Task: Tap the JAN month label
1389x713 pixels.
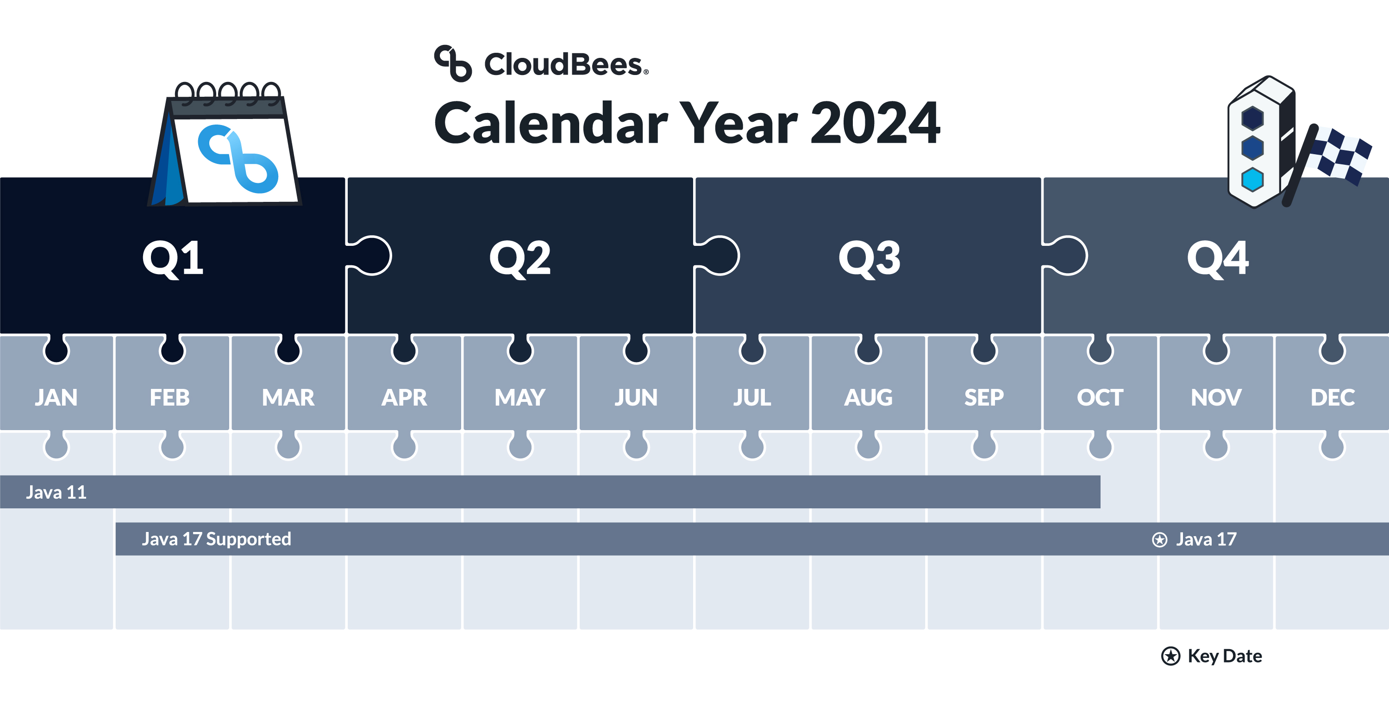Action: coord(56,398)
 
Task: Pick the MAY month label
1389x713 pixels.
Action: coord(520,398)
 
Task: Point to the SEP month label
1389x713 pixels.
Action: coord(984,398)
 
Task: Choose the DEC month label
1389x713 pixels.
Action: coord(1333,398)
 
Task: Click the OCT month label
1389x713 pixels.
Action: coord(1100,398)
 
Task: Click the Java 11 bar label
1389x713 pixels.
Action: coord(56,492)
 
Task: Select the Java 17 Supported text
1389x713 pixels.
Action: coord(216,539)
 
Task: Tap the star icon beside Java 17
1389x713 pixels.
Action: coord(1159,539)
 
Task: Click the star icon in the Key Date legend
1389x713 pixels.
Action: coord(1170,656)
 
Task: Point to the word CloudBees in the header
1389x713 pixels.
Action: coord(563,64)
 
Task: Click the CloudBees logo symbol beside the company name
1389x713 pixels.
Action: coord(453,63)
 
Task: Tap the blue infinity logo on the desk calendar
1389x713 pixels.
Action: coord(238,158)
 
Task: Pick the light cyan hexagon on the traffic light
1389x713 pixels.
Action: coord(1252,180)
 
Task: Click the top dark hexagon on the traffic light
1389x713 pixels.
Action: coord(1252,118)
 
